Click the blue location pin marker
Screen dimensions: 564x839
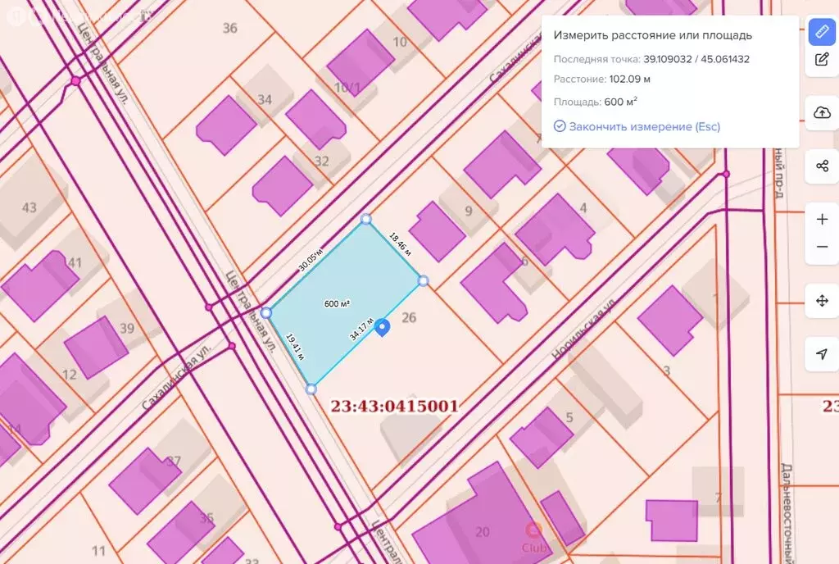[x=382, y=327]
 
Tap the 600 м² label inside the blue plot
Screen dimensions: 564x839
[x=337, y=303]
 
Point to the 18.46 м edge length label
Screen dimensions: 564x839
[x=400, y=243]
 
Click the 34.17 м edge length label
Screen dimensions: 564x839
[x=361, y=329]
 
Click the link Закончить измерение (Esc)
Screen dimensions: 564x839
[x=637, y=126]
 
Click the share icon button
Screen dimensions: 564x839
[x=822, y=166]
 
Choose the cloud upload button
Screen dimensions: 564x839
[x=822, y=113]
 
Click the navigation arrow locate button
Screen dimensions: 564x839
[x=822, y=354]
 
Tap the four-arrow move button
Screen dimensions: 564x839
[x=822, y=301]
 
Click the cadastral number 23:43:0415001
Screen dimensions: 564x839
[x=394, y=406]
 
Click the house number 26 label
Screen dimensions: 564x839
[x=410, y=318]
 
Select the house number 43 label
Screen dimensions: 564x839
[x=29, y=207]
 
